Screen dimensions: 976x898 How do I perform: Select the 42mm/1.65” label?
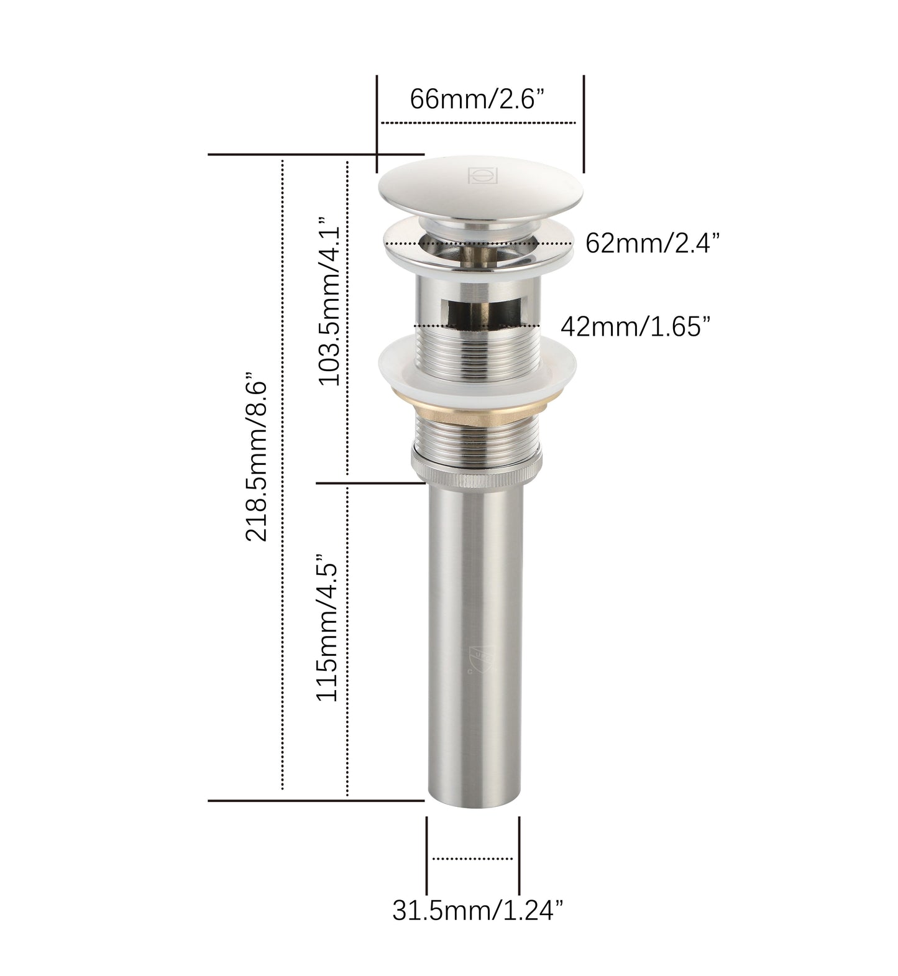(x=635, y=326)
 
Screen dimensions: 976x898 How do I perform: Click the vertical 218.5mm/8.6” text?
(x=257, y=457)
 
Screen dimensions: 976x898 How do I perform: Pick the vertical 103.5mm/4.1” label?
(x=330, y=302)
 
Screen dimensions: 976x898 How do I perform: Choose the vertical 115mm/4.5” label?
(x=328, y=628)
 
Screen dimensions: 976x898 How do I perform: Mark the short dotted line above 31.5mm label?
(x=472, y=859)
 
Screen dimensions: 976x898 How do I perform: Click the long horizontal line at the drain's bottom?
(x=316, y=801)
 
